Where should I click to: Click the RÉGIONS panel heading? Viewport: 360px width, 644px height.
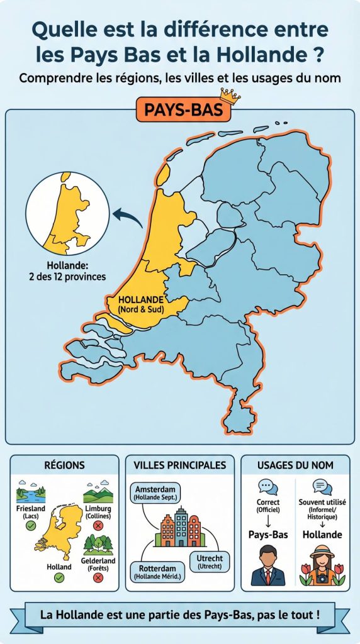(64, 465)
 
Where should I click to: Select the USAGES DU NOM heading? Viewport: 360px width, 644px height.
(295, 465)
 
